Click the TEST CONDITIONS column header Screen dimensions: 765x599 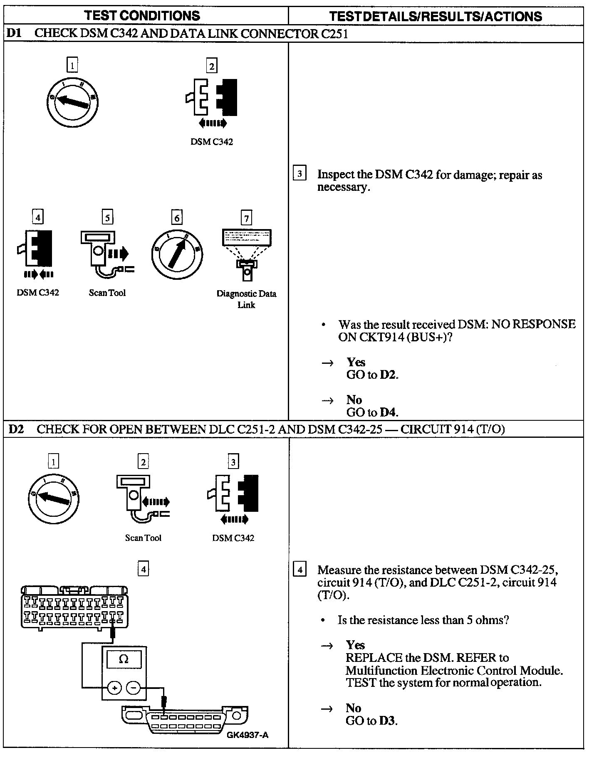click(x=142, y=16)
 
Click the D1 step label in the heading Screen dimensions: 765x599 click(x=14, y=34)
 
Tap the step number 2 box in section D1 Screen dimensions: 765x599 click(x=212, y=66)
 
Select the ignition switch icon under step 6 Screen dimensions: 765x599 click(x=177, y=254)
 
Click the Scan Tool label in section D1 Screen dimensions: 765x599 click(x=107, y=293)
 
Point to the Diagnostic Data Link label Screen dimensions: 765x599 click(x=246, y=299)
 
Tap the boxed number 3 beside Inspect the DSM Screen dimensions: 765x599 click(x=299, y=173)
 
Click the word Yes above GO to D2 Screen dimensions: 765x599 click(x=356, y=362)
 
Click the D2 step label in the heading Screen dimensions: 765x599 click(x=16, y=429)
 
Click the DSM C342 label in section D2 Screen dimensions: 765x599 click(x=233, y=538)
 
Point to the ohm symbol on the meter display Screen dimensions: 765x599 click(x=124, y=659)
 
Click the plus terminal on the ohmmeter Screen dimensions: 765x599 click(x=114, y=688)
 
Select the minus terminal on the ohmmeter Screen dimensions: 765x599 click(x=133, y=688)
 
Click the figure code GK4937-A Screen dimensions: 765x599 click(x=248, y=735)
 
